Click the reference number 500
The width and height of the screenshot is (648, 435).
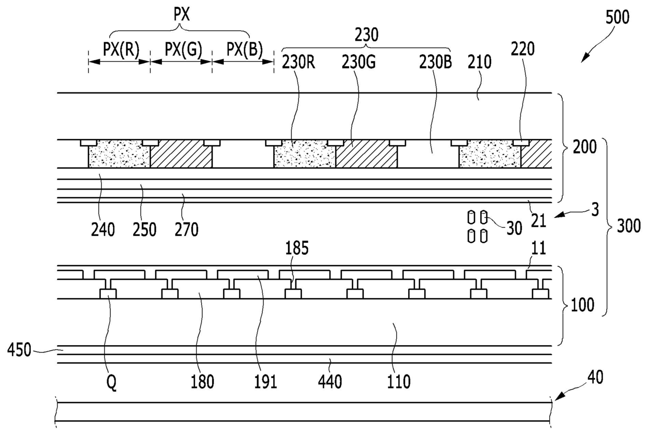click(x=617, y=17)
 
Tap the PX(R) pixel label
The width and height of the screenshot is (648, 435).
click(x=121, y=50)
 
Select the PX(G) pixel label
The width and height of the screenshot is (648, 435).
click(x=183, y=50)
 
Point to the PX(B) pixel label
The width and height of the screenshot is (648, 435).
click(x=245, y=50)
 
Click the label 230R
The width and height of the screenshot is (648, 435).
click(x=298, y=63)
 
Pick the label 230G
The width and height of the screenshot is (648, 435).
click(x=358, y=63)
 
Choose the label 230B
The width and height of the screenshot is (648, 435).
click(x=435, y=63)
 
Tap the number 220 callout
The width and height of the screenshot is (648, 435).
click(x=523, y=49)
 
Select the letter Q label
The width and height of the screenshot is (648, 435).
click(x=112, y=383)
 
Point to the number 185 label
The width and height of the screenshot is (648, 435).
click(x=297, y=249)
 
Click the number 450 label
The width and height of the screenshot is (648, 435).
click(x=19, y=350)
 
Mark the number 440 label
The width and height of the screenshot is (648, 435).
click(x=330, y=382)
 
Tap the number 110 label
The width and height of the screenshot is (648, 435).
click(x=399, y=382)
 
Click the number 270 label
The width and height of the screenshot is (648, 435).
click(x=187, y=230)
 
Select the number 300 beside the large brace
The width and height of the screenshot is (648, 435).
click(x=629, y=226)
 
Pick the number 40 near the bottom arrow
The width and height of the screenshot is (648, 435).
click(x=595, y=378)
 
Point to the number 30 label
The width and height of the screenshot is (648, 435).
click(x=514, y=229)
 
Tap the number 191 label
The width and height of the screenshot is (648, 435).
click(x=265, y=382)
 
